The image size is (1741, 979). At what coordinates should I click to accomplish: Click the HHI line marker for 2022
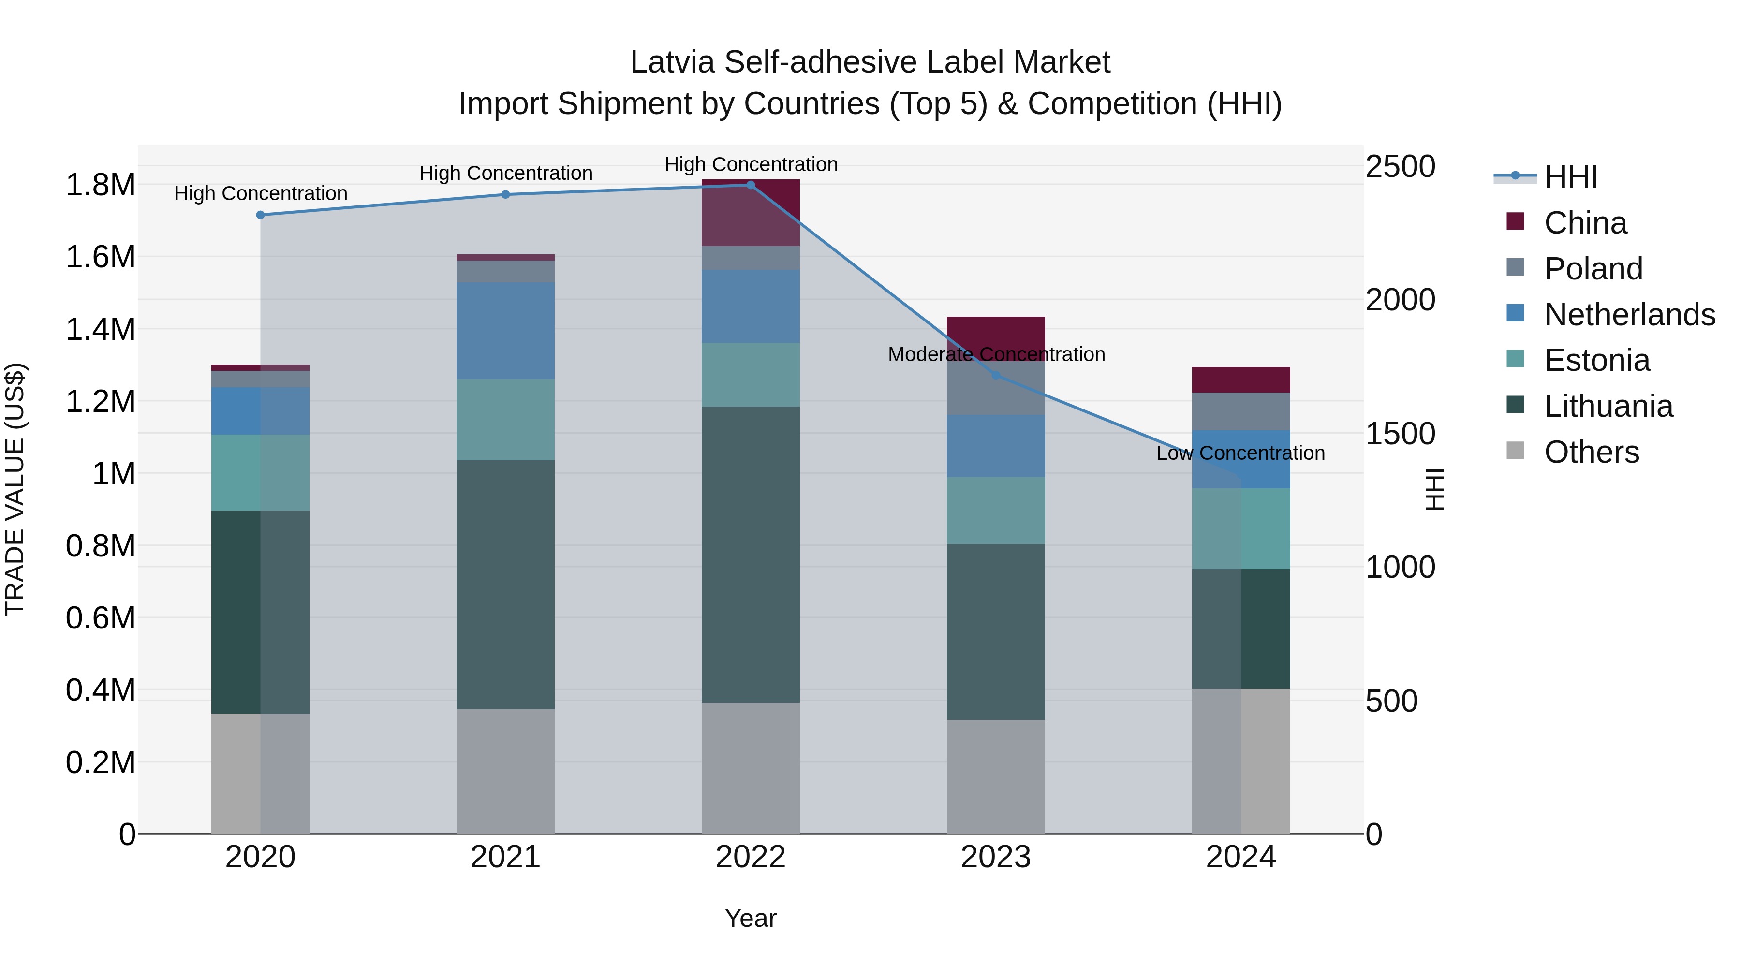point(750,185)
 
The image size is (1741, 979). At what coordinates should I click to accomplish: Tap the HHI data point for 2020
point(260,215)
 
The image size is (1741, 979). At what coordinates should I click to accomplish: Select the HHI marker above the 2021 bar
point(505,194)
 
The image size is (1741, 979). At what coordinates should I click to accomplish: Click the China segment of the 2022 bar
point(750,212)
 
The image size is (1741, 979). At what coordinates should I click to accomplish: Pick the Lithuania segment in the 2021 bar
point(505,584)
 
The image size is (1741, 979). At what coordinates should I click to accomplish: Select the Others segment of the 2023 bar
point(996,776)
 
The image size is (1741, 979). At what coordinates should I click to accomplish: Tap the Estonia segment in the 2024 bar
point(1241,528)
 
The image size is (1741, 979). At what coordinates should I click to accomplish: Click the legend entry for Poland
point(1593,269)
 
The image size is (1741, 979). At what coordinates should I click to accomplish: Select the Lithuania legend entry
point(1608,407)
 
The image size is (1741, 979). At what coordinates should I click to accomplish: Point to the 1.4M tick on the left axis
point(100,330)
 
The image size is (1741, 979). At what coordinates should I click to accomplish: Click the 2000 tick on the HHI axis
point(1400,300)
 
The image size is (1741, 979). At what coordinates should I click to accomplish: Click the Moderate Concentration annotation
point(996,355)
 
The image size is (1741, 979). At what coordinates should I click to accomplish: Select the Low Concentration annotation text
point(1240,453)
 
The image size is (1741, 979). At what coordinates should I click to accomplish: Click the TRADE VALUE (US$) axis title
point(15,489)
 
